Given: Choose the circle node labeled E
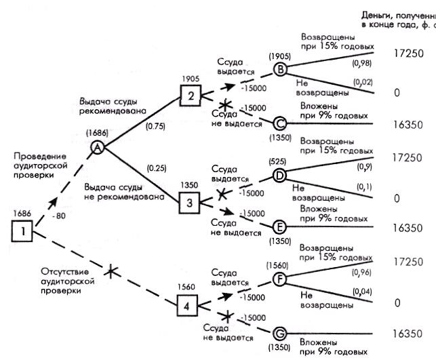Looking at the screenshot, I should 279,226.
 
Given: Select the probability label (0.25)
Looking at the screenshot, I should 152,168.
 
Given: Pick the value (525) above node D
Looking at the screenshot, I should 277,161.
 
